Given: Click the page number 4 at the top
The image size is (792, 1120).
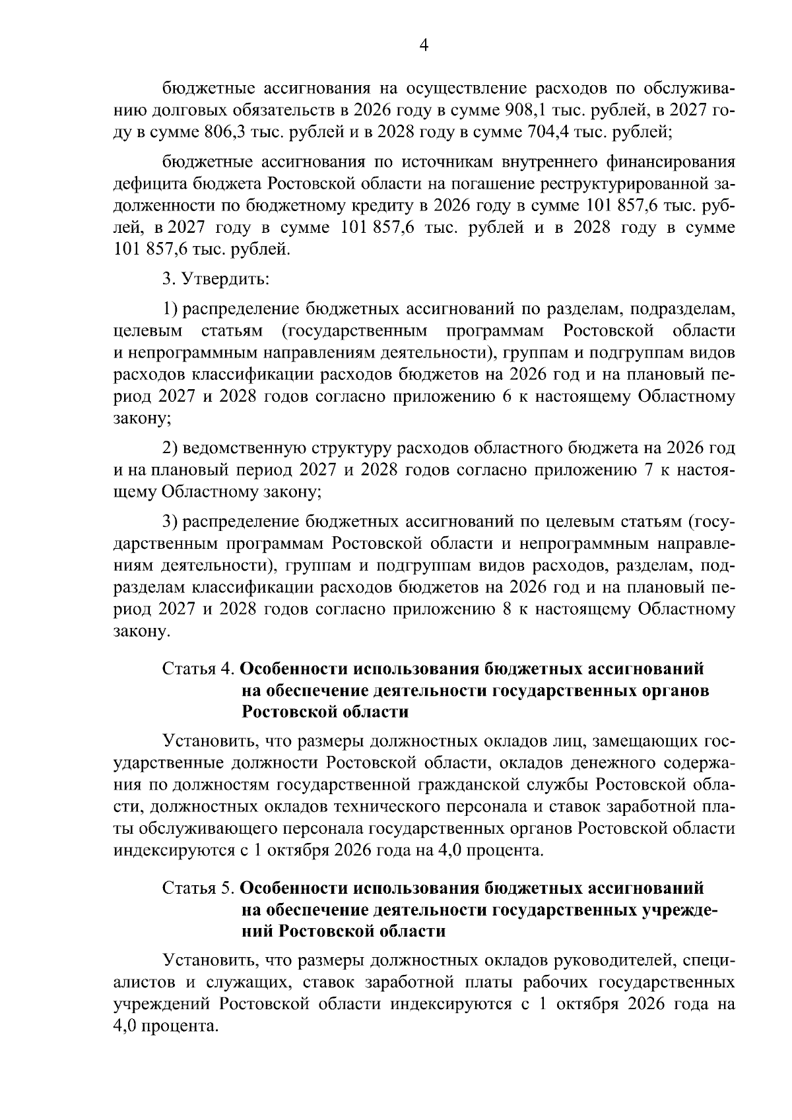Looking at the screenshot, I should [x=424, y=45].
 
